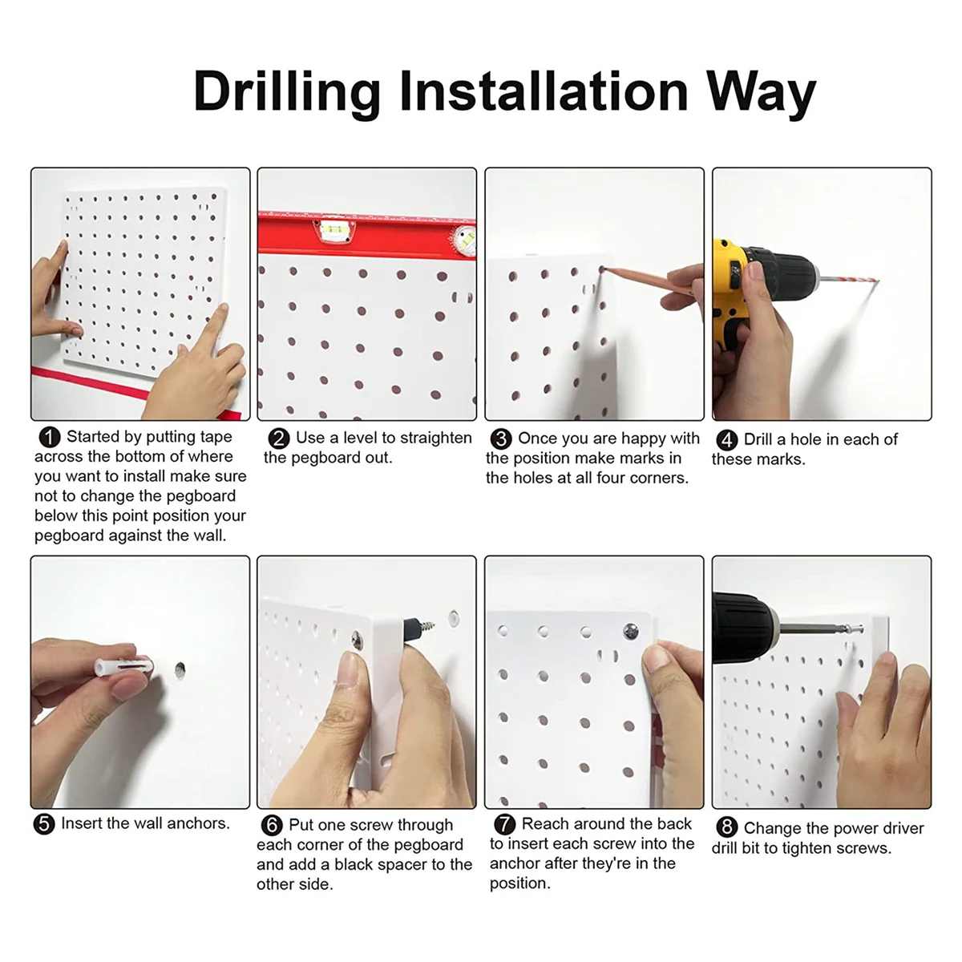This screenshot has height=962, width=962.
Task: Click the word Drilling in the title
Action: pos(286,93)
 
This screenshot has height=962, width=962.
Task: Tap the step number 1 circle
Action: pos(50,438)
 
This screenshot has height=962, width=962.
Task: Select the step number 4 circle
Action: pos(727,440)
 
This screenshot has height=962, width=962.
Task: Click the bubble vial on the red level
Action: pos(338,230)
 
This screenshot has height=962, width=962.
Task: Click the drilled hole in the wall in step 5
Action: pos(180,670)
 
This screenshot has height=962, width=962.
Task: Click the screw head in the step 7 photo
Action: pos(631,632)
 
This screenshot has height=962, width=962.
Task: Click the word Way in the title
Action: pos(761,93)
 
